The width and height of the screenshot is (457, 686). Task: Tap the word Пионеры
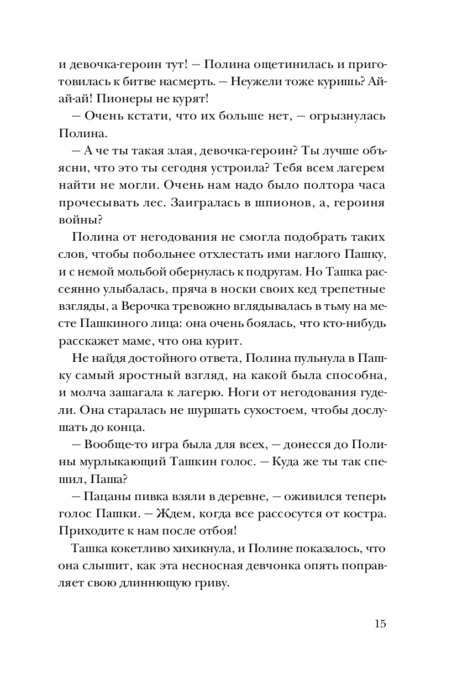coord(124,99)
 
